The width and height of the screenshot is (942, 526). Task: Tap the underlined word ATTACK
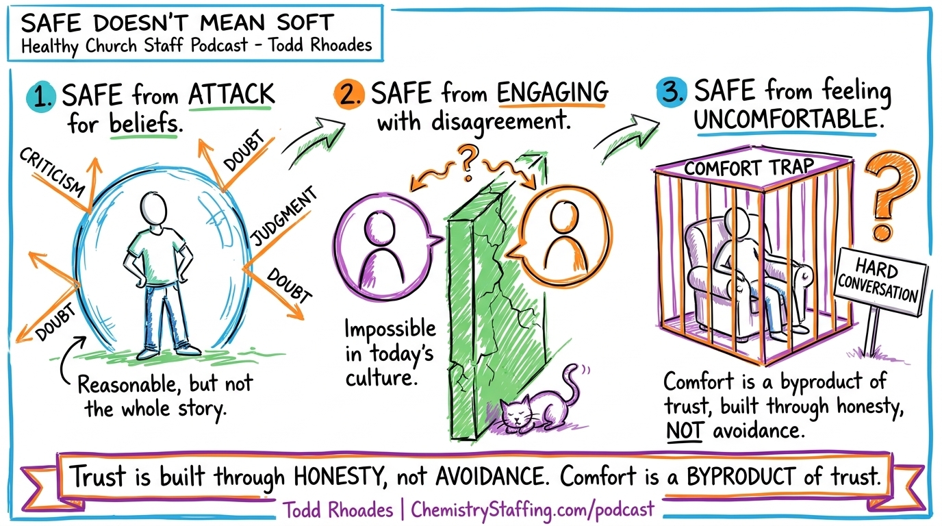[231, 95]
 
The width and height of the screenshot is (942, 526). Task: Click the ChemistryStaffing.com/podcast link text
[533, 510]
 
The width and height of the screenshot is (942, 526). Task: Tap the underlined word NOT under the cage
[683, 432]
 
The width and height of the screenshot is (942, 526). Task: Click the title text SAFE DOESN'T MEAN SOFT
[177, 23]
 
